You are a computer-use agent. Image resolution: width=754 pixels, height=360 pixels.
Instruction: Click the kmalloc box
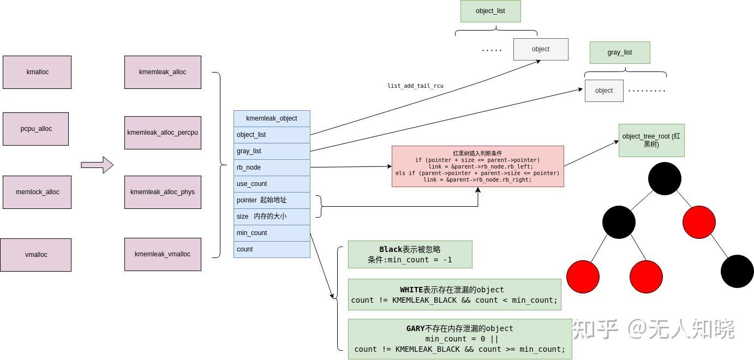pyautogui.click(x=37, y=72)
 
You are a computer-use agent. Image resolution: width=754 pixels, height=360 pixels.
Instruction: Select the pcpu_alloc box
pyautogui.click(x=35, y=129)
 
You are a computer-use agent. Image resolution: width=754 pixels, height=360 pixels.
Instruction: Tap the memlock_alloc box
pyautogui.click(x=37, y=192)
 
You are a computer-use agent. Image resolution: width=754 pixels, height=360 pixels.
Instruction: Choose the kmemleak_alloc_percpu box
pyautogui.click(x=163, y=133)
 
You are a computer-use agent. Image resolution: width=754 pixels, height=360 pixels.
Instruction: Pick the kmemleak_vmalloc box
pyautogui.click(x=163, y=254)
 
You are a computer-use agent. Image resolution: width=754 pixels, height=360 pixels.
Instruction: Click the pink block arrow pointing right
pyautogui.click(x=97, y=165)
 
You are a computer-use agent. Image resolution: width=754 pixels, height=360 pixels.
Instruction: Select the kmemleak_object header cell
pyautogui.click(x=272, y=118)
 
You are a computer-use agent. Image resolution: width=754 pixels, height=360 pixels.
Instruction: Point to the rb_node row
pyautogui.click(x=272, y=167)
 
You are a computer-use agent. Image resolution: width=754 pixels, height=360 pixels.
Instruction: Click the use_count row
pyautogui.click(x=272, y=184)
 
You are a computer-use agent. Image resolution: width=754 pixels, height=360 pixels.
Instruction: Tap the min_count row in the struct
pyautogui.click(x=272, y=233)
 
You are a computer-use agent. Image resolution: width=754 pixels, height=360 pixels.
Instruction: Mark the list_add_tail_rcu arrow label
pyautogui.click(x=415, y=86)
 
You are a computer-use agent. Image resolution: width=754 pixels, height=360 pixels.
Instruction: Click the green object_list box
pyautogui.click(x=490, y=11)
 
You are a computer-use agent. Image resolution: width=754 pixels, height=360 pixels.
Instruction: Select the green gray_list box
pyautogui.click(x=619, y=52)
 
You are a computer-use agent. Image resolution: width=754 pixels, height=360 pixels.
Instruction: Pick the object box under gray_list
pyautogui.click(x=603, y=91)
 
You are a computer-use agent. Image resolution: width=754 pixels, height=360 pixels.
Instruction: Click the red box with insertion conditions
pyautogui.click(x=477, y=166)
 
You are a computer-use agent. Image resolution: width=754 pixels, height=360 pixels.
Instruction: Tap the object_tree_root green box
pyautogui.click(x=651, y=140)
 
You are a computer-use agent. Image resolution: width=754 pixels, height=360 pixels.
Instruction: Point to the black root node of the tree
pyautogui.click(x=665, y=178)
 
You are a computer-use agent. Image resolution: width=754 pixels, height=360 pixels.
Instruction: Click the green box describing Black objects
pyautogui.click(x=410, y=254)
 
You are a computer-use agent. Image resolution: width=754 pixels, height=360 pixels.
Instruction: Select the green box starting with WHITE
pyautogui.click(x=454, y=295)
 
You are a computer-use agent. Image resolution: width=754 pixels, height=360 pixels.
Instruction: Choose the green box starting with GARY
pyautogui.click(x=459, y=339)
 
